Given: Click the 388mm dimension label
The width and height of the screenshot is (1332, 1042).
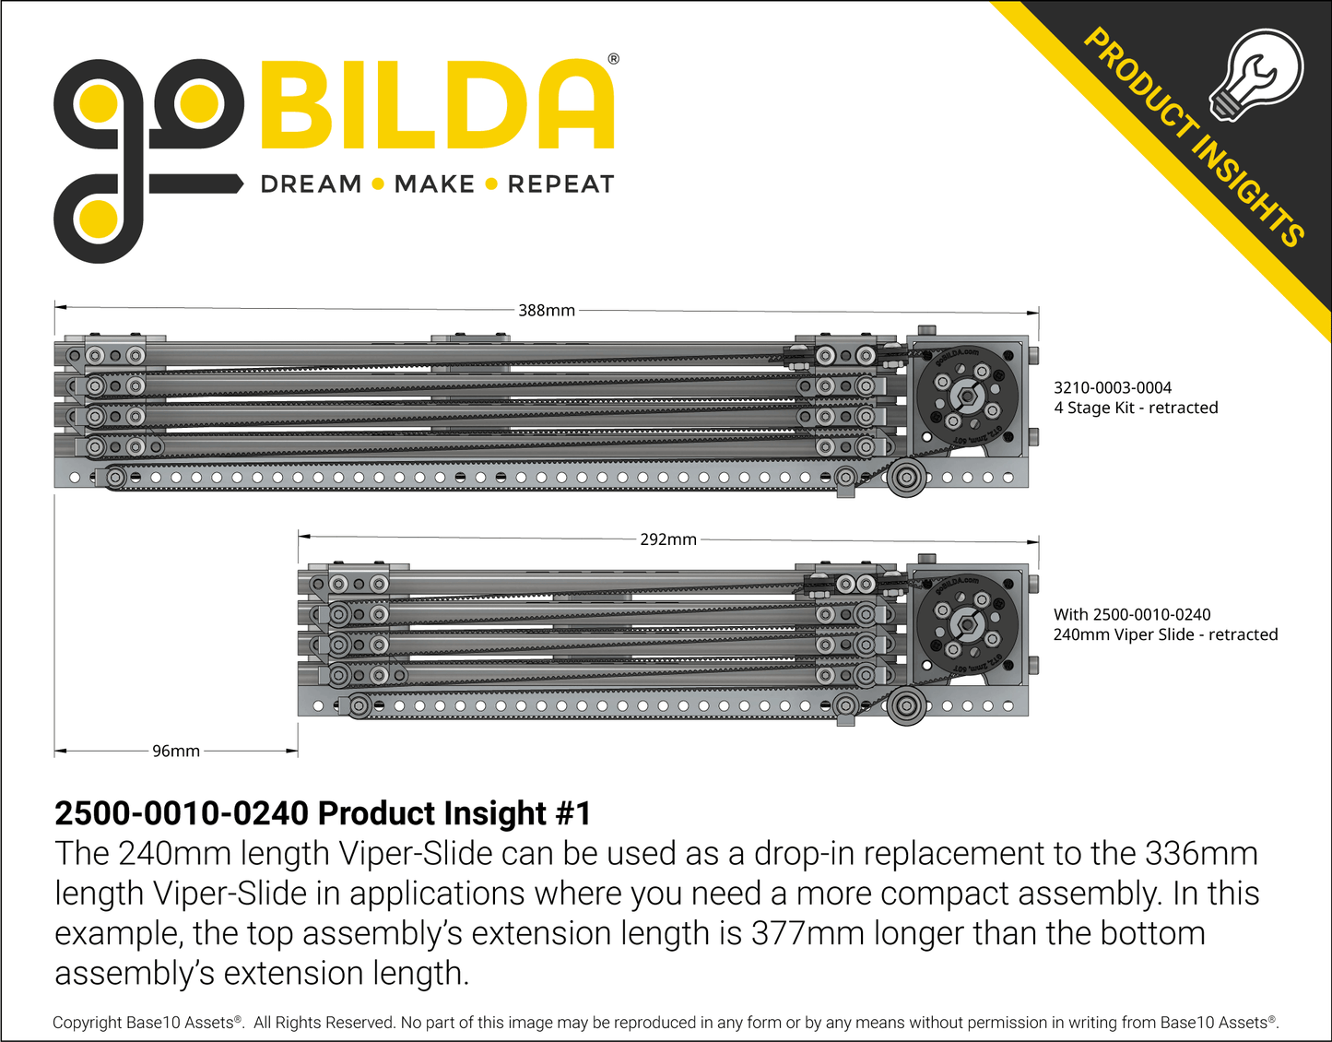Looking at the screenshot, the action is coord(546,310).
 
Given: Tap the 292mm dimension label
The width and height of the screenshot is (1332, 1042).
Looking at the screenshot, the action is coord(668,539).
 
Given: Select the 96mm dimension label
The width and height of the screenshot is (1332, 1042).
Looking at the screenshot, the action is coord(176,751).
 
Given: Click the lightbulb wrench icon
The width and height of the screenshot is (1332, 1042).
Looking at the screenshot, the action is coord(1256,76).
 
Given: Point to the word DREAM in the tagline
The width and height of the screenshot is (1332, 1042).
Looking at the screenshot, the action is coord(312,184).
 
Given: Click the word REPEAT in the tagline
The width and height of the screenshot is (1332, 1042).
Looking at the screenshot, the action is coord(560,184).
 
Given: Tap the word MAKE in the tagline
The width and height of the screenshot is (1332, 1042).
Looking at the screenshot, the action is coord(434,184).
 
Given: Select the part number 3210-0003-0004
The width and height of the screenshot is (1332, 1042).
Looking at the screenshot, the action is coord(1113,387).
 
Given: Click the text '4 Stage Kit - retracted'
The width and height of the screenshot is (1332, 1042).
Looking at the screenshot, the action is coord(1136,408).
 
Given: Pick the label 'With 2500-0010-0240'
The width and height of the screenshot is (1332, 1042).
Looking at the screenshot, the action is coord(1132,614).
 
